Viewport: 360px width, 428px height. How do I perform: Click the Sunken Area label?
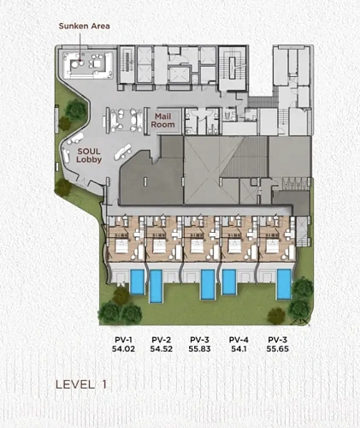(84, 26)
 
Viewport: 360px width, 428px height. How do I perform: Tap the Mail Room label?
(162, 121)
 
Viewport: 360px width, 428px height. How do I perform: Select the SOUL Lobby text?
(89, 155)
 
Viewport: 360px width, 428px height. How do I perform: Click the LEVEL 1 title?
(81, 384)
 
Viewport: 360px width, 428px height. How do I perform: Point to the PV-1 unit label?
(123, 340)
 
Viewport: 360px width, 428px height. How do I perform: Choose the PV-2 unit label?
(162, 340)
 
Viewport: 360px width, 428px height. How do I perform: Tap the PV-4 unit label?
(239, 340)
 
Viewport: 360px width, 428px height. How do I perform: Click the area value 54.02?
(123, 348)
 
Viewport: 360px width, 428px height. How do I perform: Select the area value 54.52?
(162, 348)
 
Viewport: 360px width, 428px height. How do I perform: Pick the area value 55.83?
(199, 348)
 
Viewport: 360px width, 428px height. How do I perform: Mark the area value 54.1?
(239, 348)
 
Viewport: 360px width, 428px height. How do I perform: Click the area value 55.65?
(278, 348)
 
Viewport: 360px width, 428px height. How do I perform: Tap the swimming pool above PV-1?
(138, 282)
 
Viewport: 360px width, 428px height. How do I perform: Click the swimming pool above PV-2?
(156, 286)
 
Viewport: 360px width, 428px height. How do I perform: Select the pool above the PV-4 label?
(229, 282)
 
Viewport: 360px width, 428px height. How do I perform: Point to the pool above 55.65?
(284, 284)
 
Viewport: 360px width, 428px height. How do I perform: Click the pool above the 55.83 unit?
(208, 284)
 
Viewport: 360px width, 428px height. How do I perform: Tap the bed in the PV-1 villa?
(122, 246)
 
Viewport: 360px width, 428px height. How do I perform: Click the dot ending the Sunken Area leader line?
(80, 61)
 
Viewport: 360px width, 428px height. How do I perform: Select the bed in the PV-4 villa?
(235, 246)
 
